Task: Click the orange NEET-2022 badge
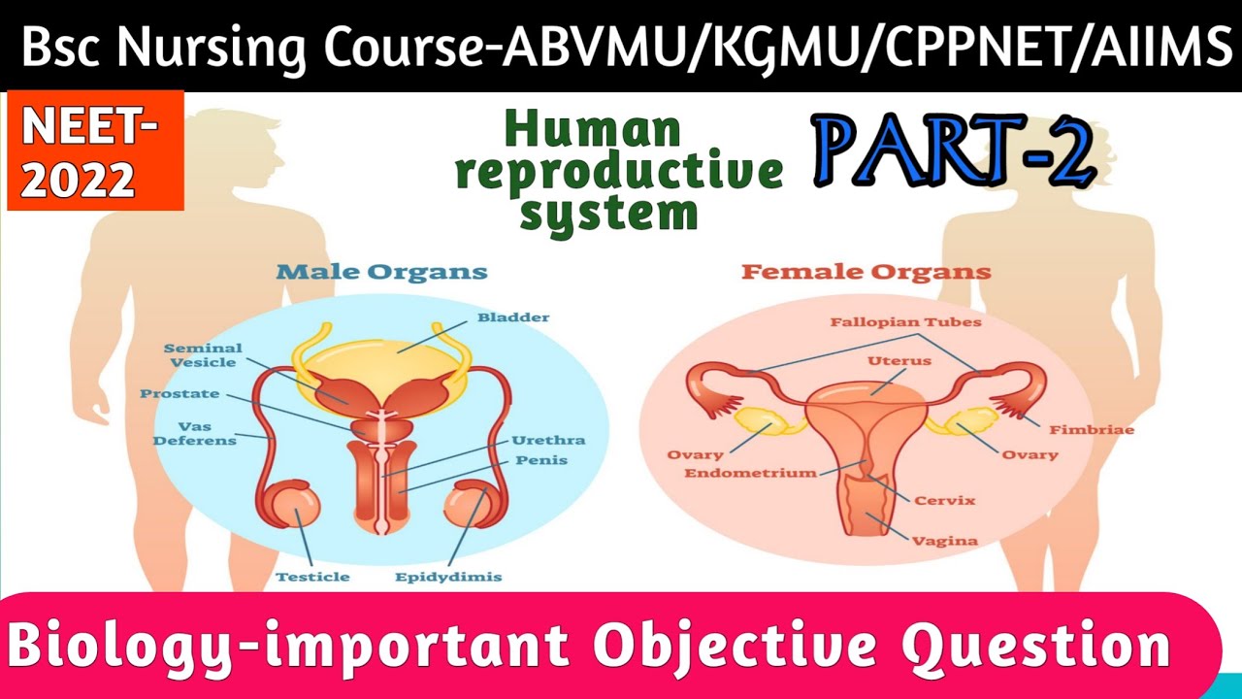pyautogui.click(x=95, y=150)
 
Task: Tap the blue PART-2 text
pyautogui.click(x=955, y=153)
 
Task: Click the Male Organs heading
pyautogui.click(x=381, y=272)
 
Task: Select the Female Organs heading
pyautogui.click(x=866, y=272)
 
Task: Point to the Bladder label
pyautogui.click(x=513, y=317)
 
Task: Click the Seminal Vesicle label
pyautogui.click(x=203, y=355)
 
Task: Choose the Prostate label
pyautogui.click(x=180, y=394)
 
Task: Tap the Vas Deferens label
pyautogui.click(x=207, y=433)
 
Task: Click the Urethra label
pyautogui.click(x=549, y=440)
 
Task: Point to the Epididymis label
pyautogui.click(x=448, y=577)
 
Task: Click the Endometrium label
pyautogui.click(x=750, y=474)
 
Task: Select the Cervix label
pyautogui.click(x=944, y=501)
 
